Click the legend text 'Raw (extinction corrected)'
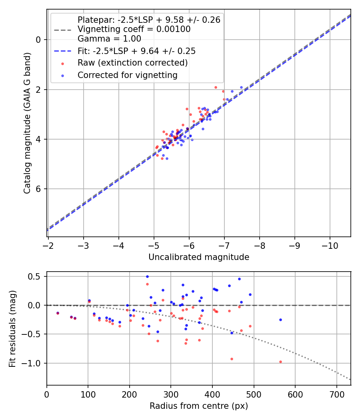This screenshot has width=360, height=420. tap(132, 63)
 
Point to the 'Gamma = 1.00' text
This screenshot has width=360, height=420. tap(109, 39)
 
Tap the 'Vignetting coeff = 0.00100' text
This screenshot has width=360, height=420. tap(134, 29)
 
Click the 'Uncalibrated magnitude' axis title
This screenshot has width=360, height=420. tap(199, 257)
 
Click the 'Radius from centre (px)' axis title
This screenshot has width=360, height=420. tap(199, 406)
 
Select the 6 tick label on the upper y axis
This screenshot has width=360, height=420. tap(38, 189)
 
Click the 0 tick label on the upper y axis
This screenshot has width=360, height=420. tap(38, 40)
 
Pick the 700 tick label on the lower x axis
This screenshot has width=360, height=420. tap(337, 394)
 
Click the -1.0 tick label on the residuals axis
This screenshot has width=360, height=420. tap(34, 363)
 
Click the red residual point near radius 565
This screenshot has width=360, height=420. tap(280, 362)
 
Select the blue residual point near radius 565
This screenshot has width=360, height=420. tap(280, 320)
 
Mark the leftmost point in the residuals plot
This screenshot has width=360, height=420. tap(58, 313)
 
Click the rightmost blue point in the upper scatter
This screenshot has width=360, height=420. tap(241, 87)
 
